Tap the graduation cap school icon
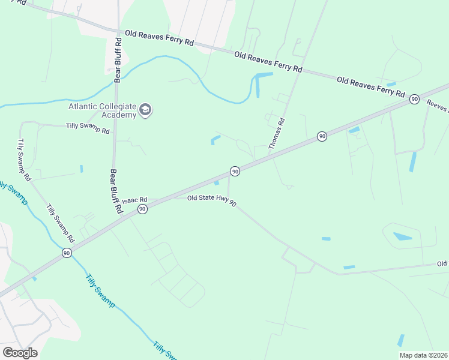145,110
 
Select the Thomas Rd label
276,133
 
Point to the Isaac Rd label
134,201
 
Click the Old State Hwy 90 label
211,200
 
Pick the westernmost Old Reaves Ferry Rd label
159,39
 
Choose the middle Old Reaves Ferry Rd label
268,62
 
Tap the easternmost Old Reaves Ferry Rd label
370,86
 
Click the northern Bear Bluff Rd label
118,59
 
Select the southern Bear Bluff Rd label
115,192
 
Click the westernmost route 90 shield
66,254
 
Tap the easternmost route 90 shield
414,99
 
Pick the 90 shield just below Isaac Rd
142,209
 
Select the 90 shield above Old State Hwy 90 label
235,172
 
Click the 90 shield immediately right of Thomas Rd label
322,137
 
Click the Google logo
20,353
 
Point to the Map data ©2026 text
423,355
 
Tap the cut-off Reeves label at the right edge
438,106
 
